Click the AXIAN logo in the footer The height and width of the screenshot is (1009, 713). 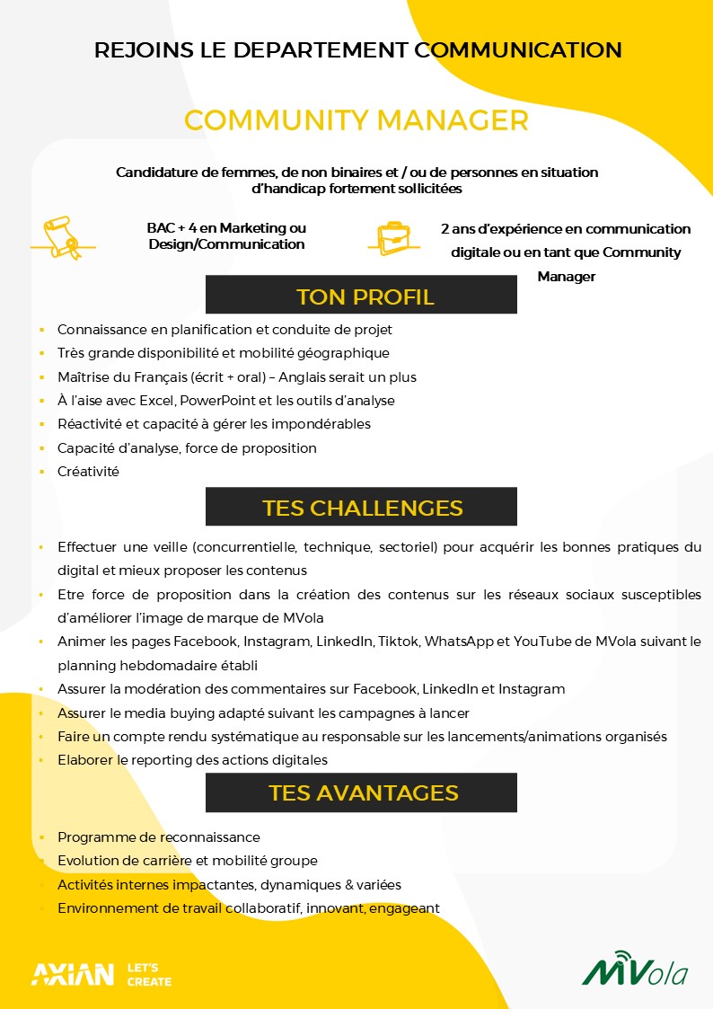click(73, 974)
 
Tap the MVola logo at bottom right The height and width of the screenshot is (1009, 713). click(635, 971)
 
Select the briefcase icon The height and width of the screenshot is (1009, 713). click(393, 237)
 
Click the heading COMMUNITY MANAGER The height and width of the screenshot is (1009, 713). click(356, 120)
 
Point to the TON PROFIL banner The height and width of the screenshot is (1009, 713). click(361, 296)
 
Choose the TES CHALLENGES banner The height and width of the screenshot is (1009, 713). click(361, 507)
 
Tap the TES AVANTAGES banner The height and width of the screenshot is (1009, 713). click(361, 792)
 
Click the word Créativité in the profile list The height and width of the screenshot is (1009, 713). click(88, 471)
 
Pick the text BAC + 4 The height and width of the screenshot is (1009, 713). click(171, 228)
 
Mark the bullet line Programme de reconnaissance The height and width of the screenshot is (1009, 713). click(159, 836)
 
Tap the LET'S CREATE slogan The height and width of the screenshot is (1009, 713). click(149, 974)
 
